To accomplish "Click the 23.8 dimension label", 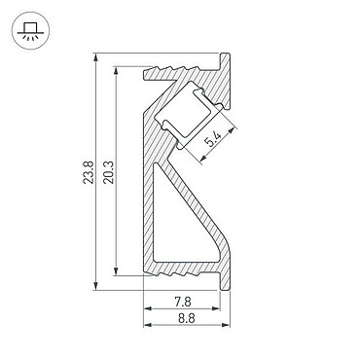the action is [x=89, y=172].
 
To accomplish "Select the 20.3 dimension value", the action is [x=109, y=172].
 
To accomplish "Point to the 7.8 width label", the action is [x=183, y=303].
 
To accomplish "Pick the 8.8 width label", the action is [x=187, y=318].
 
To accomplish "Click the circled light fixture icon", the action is [x=30, y=30].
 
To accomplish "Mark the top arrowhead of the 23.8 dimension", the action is [x=95, y=57].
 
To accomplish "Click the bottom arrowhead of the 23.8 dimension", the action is [x=95, y=286].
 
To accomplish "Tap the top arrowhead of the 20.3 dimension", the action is [x=116, y=71].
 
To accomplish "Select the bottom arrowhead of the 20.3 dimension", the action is [x=116, y=271].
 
